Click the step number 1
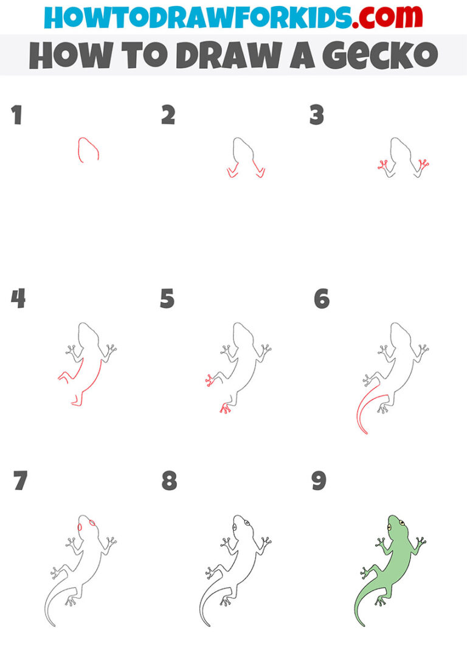click(16, 115)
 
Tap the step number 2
click(168, 115)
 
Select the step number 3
click(316, 115)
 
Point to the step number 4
click(18, 299)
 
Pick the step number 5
click(167, 299)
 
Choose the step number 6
click(321, 299)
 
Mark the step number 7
click(20, 481)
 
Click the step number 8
click(169, 481)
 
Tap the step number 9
click(319, 481)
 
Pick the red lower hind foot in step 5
click(225, 408)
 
